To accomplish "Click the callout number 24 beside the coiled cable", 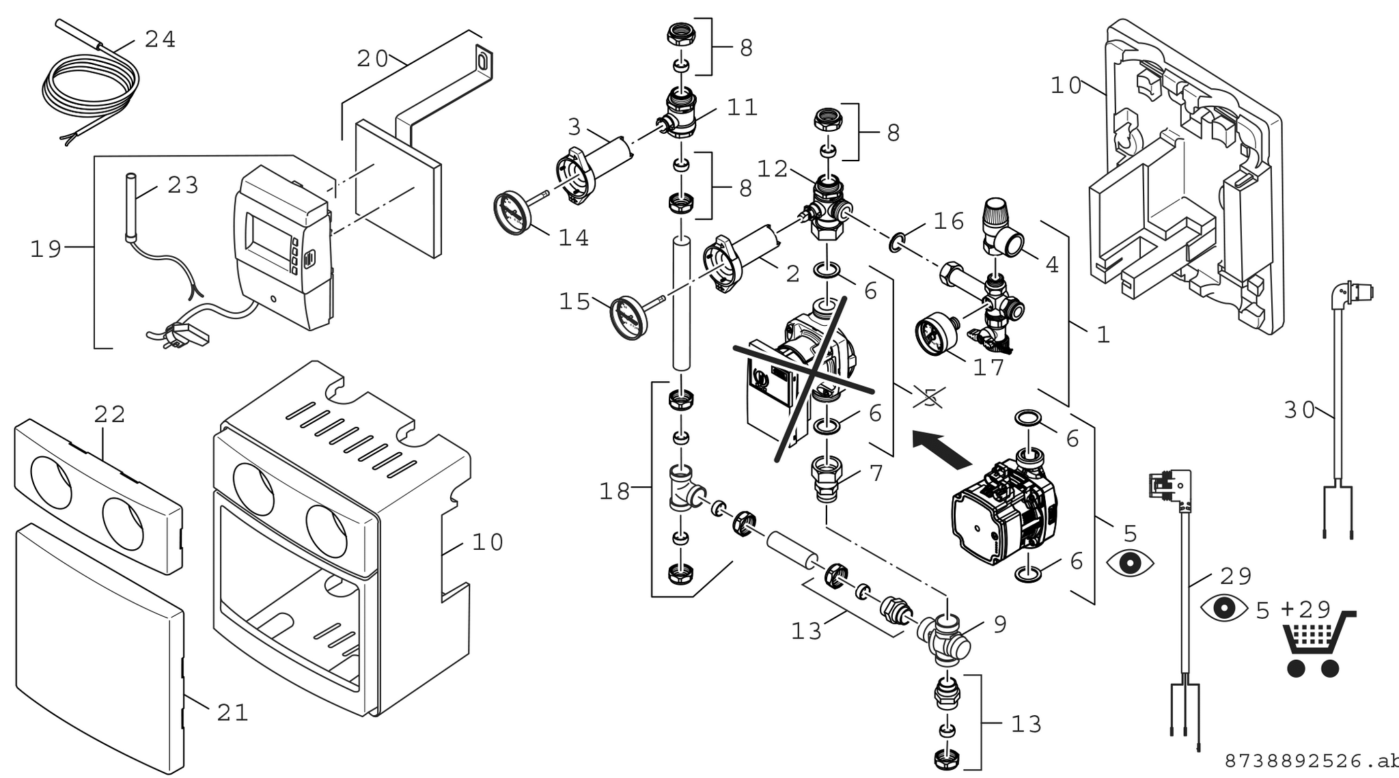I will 161,40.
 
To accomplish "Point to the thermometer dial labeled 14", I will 512,211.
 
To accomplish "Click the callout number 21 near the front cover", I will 232,713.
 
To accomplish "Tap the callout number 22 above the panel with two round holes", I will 110,414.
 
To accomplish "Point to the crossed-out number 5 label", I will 930,398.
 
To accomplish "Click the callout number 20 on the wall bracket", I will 373,59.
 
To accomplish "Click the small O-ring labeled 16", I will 897,240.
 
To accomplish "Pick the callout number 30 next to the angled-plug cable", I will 1299,410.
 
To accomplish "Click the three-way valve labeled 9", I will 943,639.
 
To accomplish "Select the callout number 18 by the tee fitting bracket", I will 614,490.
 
